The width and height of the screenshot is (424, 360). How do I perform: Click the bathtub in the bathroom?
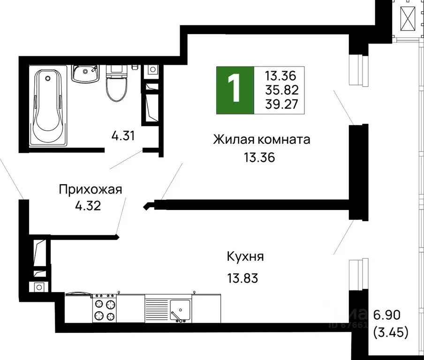[48, 107]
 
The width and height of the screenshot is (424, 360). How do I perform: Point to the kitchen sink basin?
[179, 309]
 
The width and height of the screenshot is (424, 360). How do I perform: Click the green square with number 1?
[234, 90]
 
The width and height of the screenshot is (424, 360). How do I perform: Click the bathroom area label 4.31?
[123, 136]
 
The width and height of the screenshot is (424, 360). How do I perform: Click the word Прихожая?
[91, 189]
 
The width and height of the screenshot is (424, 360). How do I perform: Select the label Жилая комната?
[262, 139]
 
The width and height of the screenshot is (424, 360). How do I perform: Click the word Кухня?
[245, 256]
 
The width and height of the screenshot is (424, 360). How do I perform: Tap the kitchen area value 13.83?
[242, 278]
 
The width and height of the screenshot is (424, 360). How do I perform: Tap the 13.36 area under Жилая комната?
[258, 157]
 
